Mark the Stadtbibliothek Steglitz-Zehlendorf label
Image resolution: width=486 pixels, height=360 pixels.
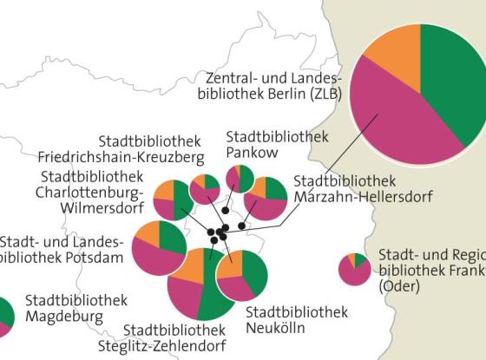(174, 337)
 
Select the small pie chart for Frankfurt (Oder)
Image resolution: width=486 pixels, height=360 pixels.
(355, 269)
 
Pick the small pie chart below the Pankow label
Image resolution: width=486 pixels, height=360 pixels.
(240, 178)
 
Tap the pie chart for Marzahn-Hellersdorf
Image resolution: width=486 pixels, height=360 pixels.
(266, 199)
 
